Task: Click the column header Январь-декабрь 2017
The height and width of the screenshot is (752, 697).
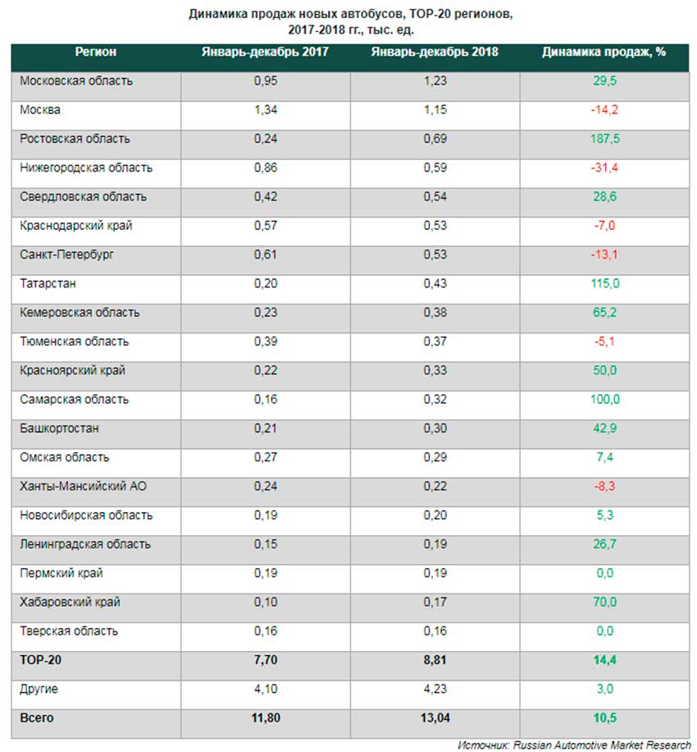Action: [265, 52]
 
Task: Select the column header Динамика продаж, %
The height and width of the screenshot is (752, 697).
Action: [604, 52]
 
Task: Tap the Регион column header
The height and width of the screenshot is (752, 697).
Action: [96, 52]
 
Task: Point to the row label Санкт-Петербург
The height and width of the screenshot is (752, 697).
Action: [66, 254]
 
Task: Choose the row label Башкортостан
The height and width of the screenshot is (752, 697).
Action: [60, 429]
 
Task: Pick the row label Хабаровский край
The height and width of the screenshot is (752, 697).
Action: [71, 602]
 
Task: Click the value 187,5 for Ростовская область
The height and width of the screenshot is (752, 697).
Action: [604, 139]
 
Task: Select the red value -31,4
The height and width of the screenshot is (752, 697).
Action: [604, 168]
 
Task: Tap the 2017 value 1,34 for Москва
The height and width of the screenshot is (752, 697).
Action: [265, 110]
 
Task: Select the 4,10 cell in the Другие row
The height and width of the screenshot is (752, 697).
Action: [265, 689]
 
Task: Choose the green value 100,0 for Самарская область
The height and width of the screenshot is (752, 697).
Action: [604, 400]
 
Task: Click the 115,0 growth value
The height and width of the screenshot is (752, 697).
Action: [604, 284]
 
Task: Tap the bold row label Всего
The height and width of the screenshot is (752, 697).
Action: [37, 718]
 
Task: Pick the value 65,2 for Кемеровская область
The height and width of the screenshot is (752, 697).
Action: [604, 313]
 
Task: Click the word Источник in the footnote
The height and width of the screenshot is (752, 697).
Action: [485, 744]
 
